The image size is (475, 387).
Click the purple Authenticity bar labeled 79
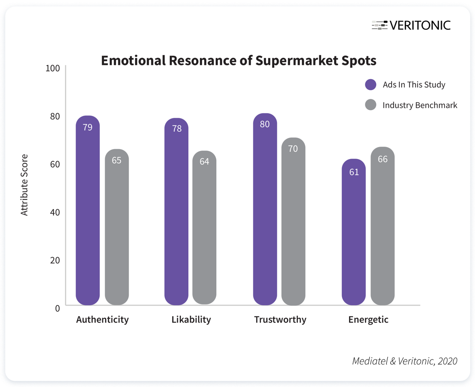coord(88,211)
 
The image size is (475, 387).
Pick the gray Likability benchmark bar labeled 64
coord(204,228)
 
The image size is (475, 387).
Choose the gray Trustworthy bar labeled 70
coord(293,221)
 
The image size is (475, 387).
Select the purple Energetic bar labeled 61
coord(354,232)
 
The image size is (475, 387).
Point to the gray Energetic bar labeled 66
coord(383,226)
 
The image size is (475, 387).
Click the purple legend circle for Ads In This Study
coord(371,85)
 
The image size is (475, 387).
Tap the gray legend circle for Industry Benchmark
coord(371,105)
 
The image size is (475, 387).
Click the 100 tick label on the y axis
coord(53,68)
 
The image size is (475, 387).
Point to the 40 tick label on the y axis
coord(55,212)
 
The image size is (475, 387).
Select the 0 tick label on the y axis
coord(57,308)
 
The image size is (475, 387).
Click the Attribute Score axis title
coord(24,185)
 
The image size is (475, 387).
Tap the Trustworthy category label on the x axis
coord(280,319)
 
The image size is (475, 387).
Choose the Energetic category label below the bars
coord(368,319)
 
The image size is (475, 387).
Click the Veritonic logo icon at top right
coord(380,25)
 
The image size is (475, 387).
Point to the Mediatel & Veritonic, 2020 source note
coord(405,361)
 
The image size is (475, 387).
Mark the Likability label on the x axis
coord(191,319)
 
